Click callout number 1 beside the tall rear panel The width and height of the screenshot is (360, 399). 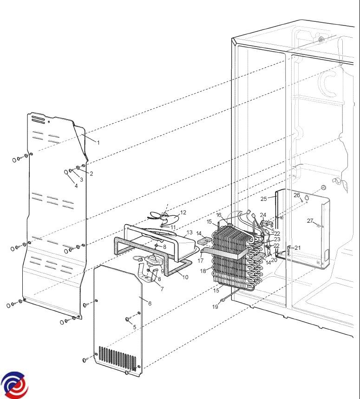click(98, 142)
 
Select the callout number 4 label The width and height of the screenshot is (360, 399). click(76, 186)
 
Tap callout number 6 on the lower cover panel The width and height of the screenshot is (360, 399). click(150, 303)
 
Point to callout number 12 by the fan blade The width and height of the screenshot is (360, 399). click(183, 213)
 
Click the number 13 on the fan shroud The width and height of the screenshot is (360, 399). click(189, 232)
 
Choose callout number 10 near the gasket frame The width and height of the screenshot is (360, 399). click(185, 277)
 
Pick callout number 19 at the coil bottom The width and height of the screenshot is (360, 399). click(216, 307)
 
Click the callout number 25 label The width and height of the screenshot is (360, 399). click(263, 199)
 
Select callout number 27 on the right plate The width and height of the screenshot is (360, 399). click(310, 221)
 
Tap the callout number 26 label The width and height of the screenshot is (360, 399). click(297, 195)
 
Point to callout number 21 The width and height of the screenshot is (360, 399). click(297, 248)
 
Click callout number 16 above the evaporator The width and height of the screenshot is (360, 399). click(219, 215)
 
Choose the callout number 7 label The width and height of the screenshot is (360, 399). click(162, 289)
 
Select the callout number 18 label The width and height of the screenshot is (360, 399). click(203, 271)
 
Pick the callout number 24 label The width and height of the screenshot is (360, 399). click(263, 215)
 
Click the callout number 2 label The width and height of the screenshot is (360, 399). click(91, 174)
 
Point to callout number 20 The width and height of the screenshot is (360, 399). click(274, 260)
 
